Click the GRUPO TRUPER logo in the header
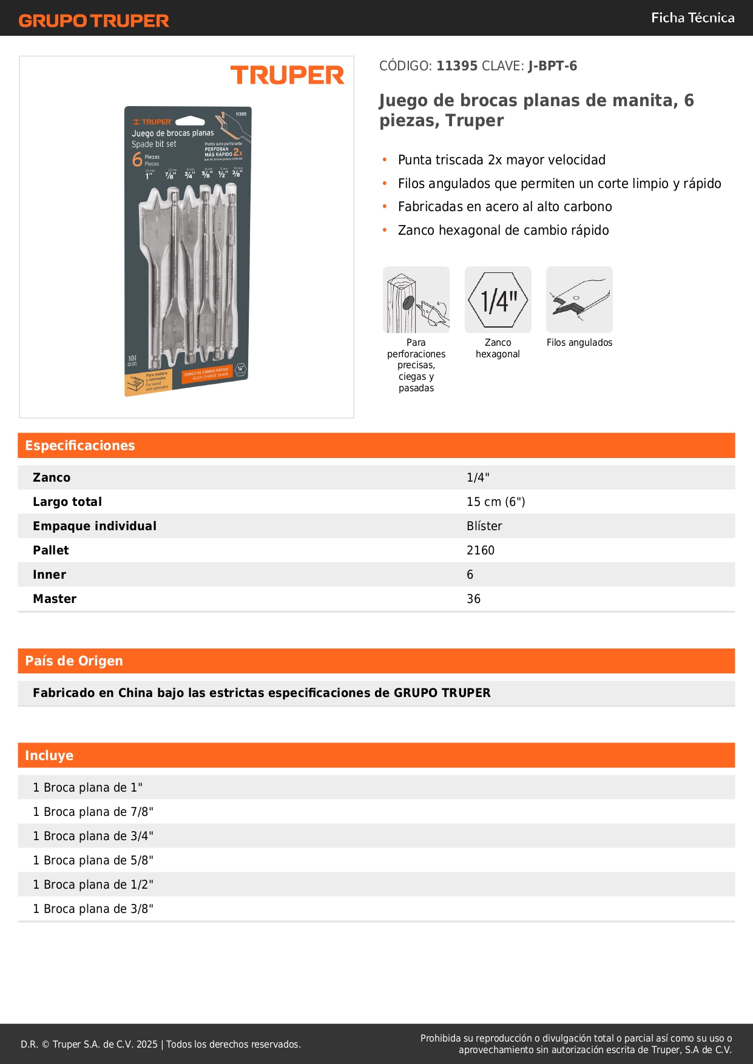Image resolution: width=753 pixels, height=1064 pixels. click(93, 21)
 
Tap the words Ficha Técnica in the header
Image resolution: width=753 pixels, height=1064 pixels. click(692, 18)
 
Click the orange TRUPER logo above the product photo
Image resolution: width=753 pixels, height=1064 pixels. click(287, 75)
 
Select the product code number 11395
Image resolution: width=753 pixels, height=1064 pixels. click(457, 66)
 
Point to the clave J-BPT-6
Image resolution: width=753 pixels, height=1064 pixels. click(552, 66)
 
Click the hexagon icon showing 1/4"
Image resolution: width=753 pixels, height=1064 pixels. click(498, 300)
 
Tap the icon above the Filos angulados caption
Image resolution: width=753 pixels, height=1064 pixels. click(579, 300)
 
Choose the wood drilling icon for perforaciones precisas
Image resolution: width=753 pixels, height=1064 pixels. click(416, 300)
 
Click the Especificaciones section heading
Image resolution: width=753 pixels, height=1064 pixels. click(79, 445)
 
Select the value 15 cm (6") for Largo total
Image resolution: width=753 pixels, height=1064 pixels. click(496, 502)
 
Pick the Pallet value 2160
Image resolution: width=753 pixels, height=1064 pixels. click(481, 550)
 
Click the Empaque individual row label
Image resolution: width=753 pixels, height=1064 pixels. click(95, 526)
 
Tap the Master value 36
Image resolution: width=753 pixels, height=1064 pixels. click(473, 599)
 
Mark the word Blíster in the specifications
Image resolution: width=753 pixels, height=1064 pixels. click(484, 526)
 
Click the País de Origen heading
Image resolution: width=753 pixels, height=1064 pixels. click(73, 661)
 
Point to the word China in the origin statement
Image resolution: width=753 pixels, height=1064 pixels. click(135, 693)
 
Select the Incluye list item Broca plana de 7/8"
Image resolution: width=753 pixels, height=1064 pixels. click(93, 812)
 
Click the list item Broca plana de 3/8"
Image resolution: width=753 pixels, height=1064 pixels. click(93, 909)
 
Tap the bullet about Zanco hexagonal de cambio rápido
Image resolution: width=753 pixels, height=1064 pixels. click(503, 231)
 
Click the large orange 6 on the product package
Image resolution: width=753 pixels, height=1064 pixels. click(138, 160)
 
